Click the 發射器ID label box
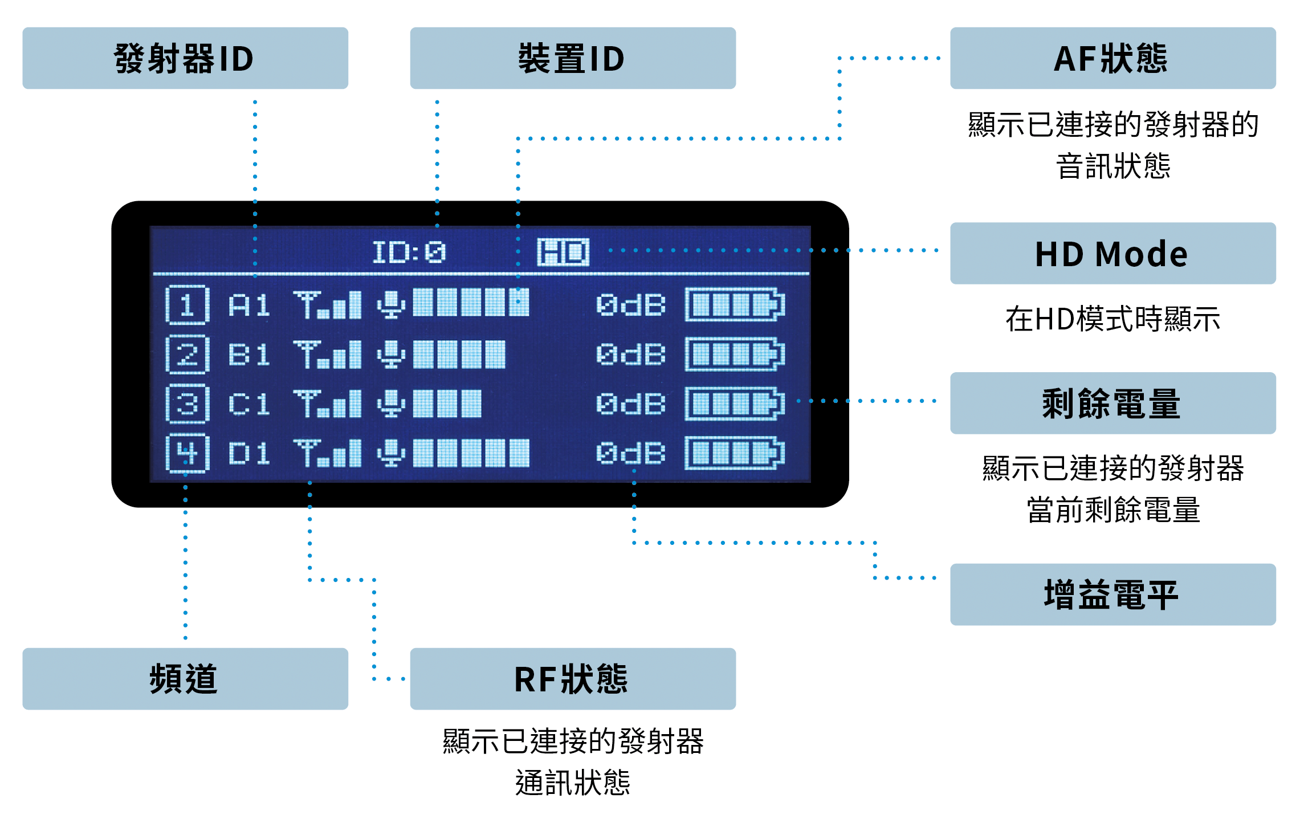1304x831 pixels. [185, 58]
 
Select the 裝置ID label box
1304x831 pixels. [573, 58]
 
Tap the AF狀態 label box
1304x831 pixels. [1113, 58]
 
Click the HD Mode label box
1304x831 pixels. [1113, 254]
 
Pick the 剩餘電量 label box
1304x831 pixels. [1113, 404]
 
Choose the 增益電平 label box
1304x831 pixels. [1113, 594]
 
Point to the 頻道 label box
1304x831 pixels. [185, 679]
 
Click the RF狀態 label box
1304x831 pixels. [573, 679]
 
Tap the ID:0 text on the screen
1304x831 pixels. [409, 252]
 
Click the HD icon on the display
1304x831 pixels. [563, 252]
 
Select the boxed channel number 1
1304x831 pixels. [188, 305]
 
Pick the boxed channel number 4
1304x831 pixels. [188, 454]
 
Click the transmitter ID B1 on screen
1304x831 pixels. [249, 355]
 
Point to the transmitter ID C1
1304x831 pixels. [249, 405]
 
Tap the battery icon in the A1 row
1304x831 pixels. [735, 305]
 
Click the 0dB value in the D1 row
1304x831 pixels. [631, 454]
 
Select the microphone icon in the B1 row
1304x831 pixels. [391, 355]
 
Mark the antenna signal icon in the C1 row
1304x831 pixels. [327, 404]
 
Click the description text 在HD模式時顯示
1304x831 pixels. [1113, 319]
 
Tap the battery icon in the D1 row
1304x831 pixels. [735, 454]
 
